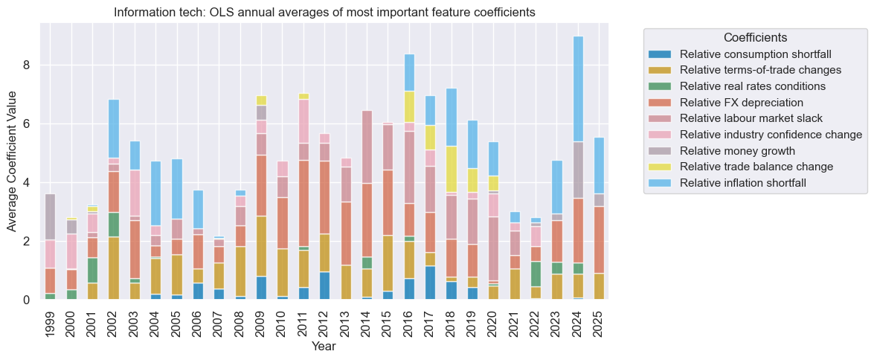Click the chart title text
[324, 13]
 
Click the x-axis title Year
[324, 347]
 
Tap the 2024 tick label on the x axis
[577, 322]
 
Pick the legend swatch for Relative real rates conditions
[659, 86]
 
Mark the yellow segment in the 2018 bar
[451, 169]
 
